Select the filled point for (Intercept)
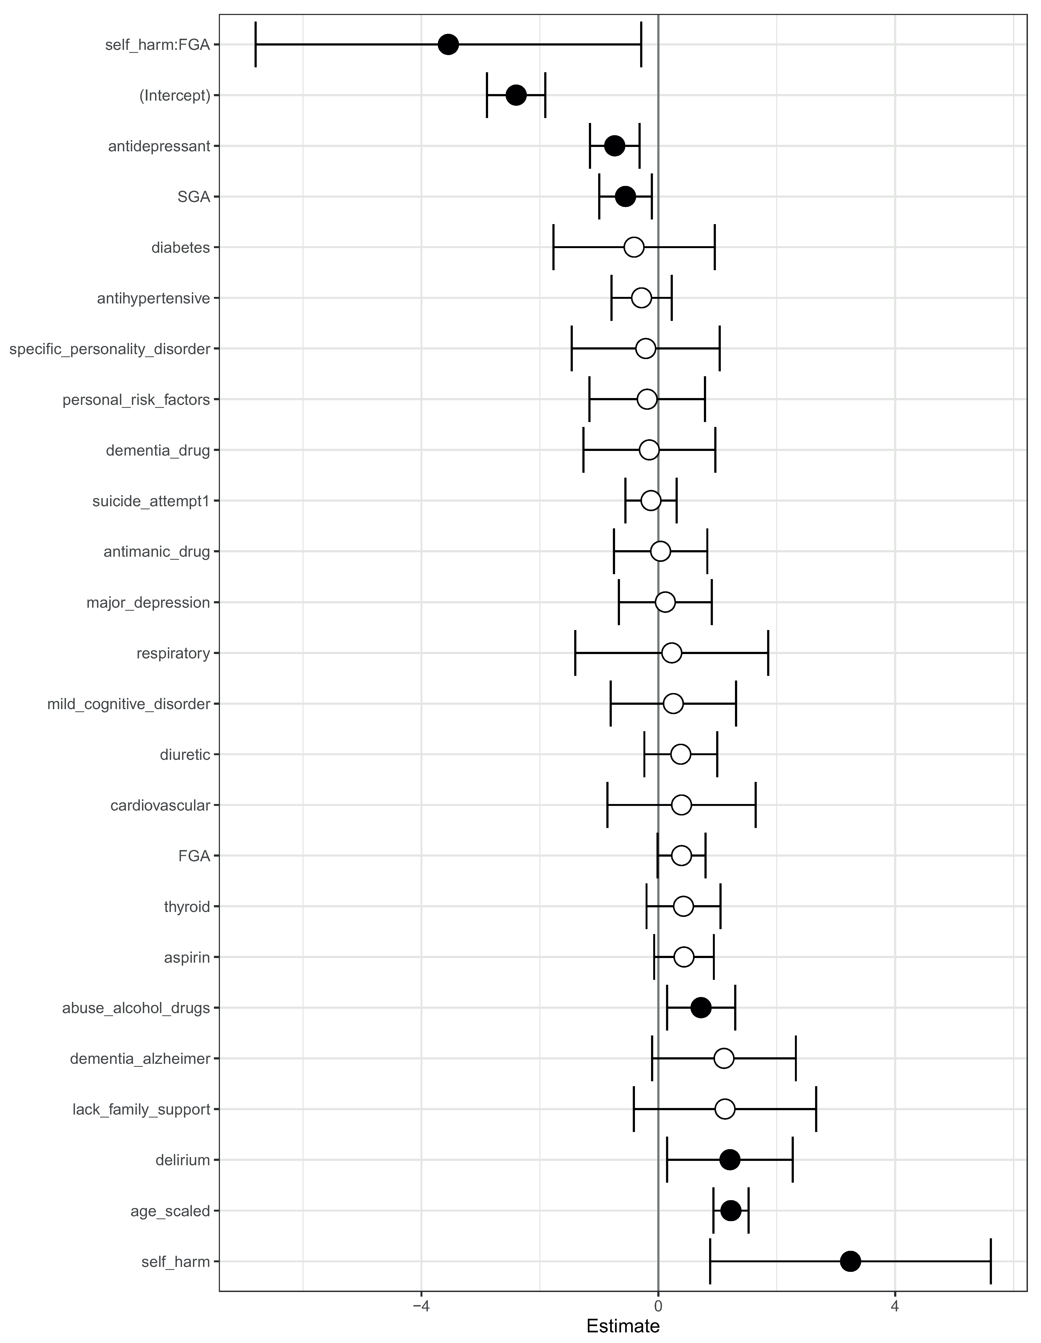[516, 95]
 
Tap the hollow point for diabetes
[634, 247]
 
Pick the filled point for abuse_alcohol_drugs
[701, 1008]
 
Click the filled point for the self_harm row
[850, 1262]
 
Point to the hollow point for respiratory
[672, 653]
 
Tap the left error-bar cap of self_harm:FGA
[255, 44]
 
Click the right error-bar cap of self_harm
[991, 1262]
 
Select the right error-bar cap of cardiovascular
[755, 805]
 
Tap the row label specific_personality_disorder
[110, 349]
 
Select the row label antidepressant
[159, 146]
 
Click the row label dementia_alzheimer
[140, 1059]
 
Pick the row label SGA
[193, 197]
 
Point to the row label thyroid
[187, 907]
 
